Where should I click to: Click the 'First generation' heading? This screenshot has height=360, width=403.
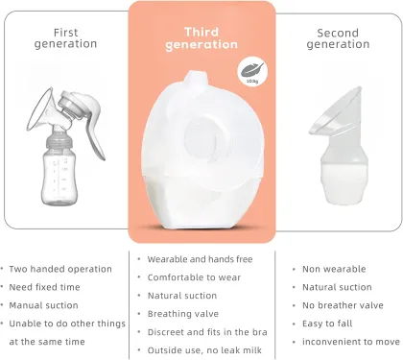[65, 37]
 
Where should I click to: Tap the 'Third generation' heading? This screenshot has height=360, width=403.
[201, 38]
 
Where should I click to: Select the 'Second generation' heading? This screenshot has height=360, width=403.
[338, 37]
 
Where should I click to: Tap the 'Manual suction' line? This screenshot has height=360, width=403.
[43, 305]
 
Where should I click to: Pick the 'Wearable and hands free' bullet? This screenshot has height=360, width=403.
[199, 259]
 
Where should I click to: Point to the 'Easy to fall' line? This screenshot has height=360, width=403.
[327, 324]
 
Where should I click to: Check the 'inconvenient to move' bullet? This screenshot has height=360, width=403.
[345, 342]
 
